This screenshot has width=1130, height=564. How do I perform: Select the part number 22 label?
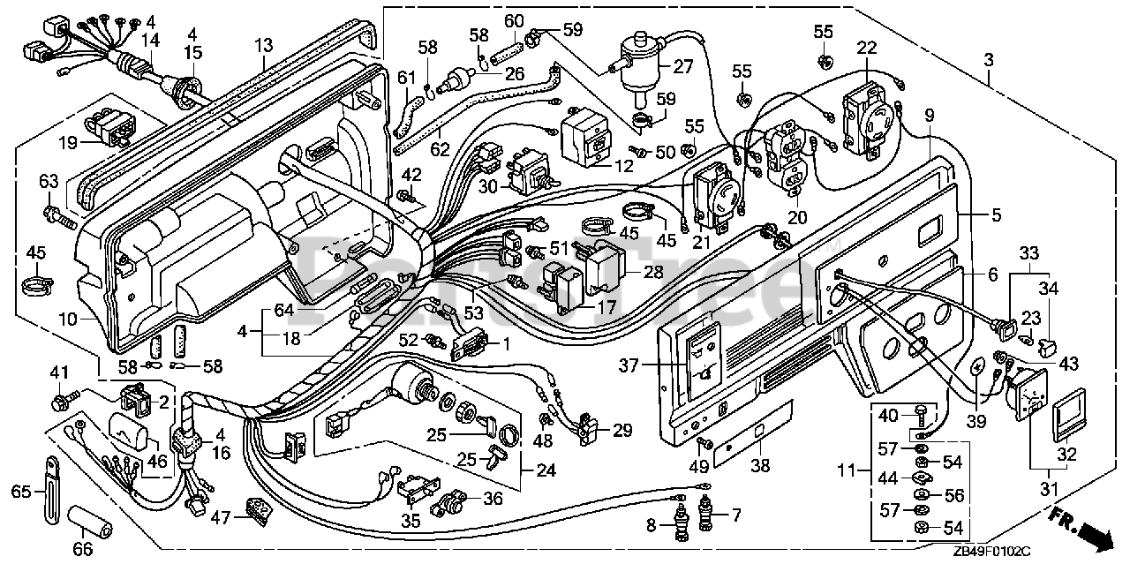coord(866,47)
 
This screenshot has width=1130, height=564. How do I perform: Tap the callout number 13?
coord(264,43)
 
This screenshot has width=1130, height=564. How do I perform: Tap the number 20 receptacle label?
coord(797,217)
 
